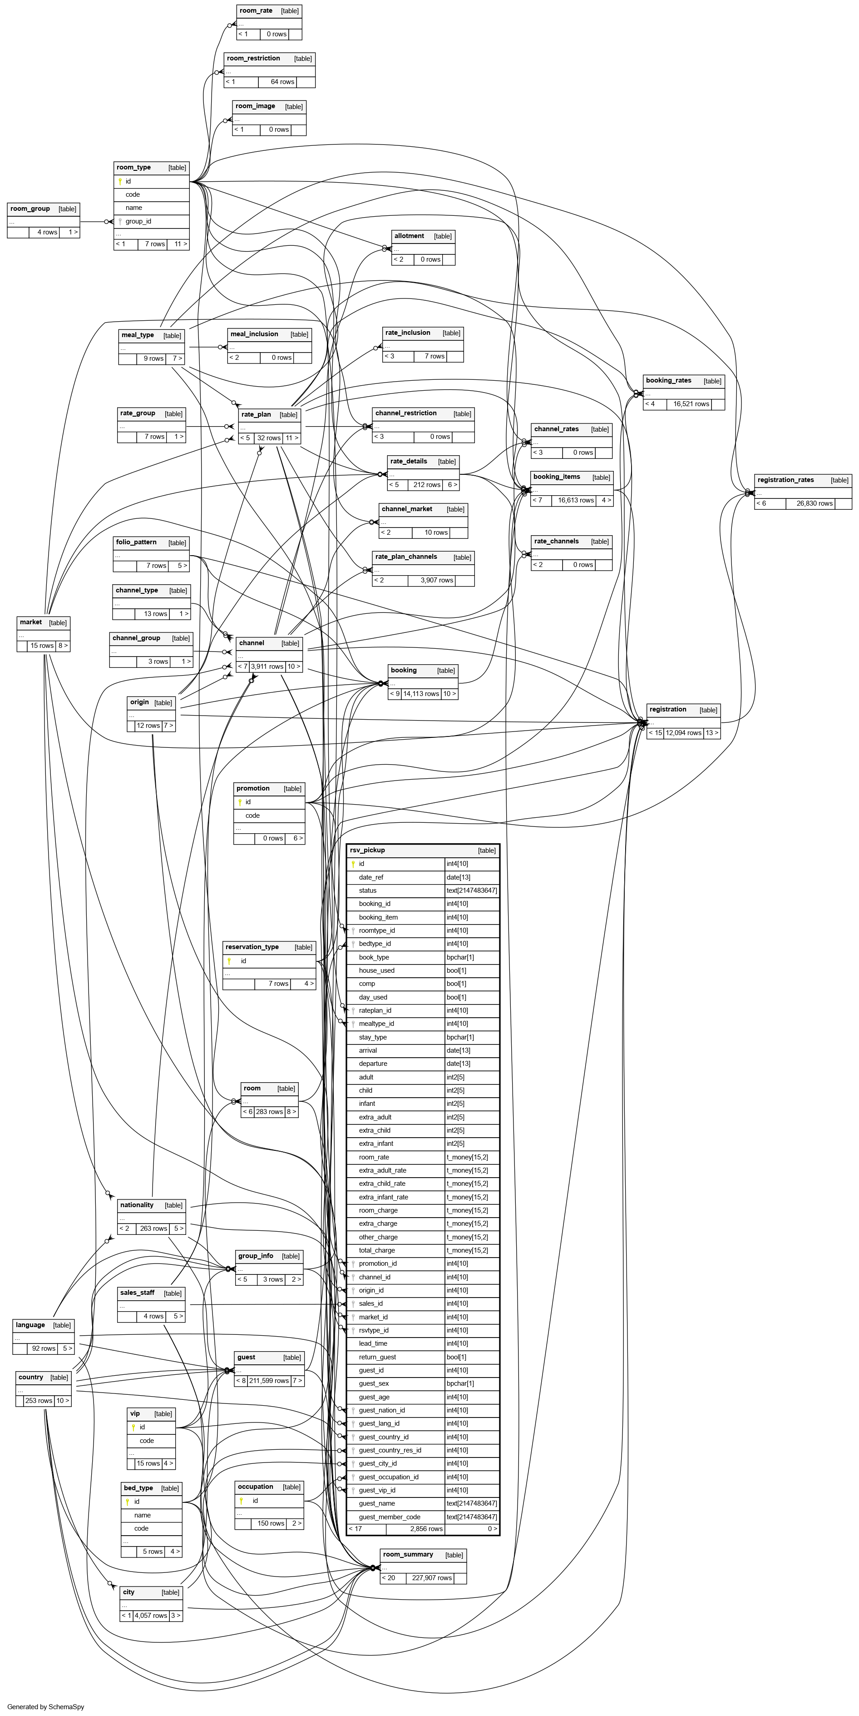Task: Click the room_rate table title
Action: (257, 10)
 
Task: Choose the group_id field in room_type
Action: (138, 221)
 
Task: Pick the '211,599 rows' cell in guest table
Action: (269, 1380)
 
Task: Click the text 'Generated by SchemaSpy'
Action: (46, 1706)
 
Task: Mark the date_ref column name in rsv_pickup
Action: (371, 877)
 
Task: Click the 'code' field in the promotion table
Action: (252, 816)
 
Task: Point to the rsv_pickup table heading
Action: (368, 850)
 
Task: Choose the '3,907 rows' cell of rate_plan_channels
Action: (437, 580)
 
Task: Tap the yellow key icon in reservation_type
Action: (229, 960)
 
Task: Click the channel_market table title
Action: (406, 509)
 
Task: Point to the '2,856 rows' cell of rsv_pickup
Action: (426, 1529)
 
